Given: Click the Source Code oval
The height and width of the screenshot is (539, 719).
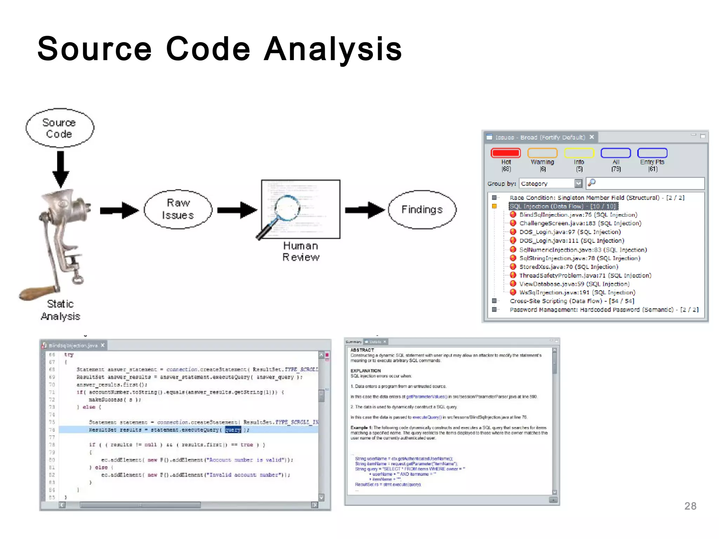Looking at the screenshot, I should [x=60, y=128].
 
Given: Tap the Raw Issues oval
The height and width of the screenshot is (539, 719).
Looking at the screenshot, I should [x=178, y=209].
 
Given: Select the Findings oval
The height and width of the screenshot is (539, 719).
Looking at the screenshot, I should [x=422, y=209].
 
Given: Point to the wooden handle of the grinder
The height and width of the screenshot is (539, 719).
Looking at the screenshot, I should [x=37, y=292].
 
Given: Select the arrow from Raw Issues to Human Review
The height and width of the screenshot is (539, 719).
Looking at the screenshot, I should [x=237, y=210].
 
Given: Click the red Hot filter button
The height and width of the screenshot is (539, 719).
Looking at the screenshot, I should [x=506, y=153].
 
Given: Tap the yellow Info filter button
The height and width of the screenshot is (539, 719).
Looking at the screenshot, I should [x=579, y=153].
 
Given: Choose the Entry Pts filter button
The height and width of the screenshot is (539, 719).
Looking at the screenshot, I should [x=652, y=153].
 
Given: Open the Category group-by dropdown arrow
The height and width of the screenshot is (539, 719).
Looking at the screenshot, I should [x=578, y=183].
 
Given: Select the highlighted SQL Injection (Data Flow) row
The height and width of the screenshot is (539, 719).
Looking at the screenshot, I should [x=563, y=206].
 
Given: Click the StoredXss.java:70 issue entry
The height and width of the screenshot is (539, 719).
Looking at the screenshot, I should [x=568, y=267].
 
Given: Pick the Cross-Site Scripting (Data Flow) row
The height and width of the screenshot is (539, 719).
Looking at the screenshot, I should [x=572, y=301].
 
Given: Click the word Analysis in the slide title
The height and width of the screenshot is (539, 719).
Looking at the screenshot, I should [x=333, y=49].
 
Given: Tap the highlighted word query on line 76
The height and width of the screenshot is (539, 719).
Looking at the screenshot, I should [x=233, y=430].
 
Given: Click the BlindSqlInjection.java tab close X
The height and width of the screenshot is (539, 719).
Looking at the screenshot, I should [x=103, y=345].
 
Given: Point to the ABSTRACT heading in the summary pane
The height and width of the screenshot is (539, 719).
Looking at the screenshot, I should [x=362, y=350].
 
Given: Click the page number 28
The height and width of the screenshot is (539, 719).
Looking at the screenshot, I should [x=690, y=506].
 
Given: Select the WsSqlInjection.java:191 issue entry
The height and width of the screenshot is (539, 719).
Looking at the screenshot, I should [x=577, y=292].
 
